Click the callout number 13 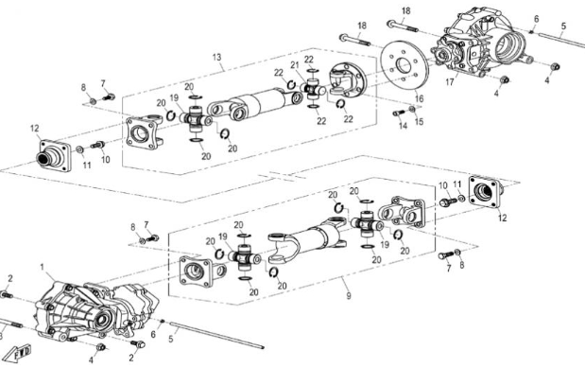pyautogui.click(x=217, y=58)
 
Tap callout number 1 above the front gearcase pyautogui.click(x=42, y=268)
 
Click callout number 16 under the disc pyautogui.click(x=419, y=98)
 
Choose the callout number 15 pyautogui.click(x=421, y=122)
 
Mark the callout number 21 pyautogui.click(x=295, y=64)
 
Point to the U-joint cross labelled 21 pyautogui.click(x=311, y=89)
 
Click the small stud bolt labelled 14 pyautogui.click(x=398, y=114)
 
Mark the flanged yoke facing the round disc pyautogui.click(x=348, y=78)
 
